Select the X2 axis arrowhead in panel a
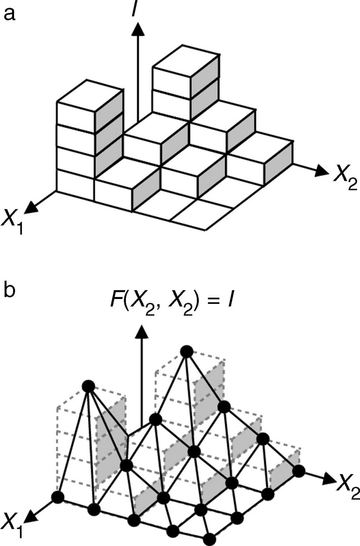pos(320,171)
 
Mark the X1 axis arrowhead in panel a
pos(32,207)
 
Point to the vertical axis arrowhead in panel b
pos(142,332)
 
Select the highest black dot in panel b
pos(187,351)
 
